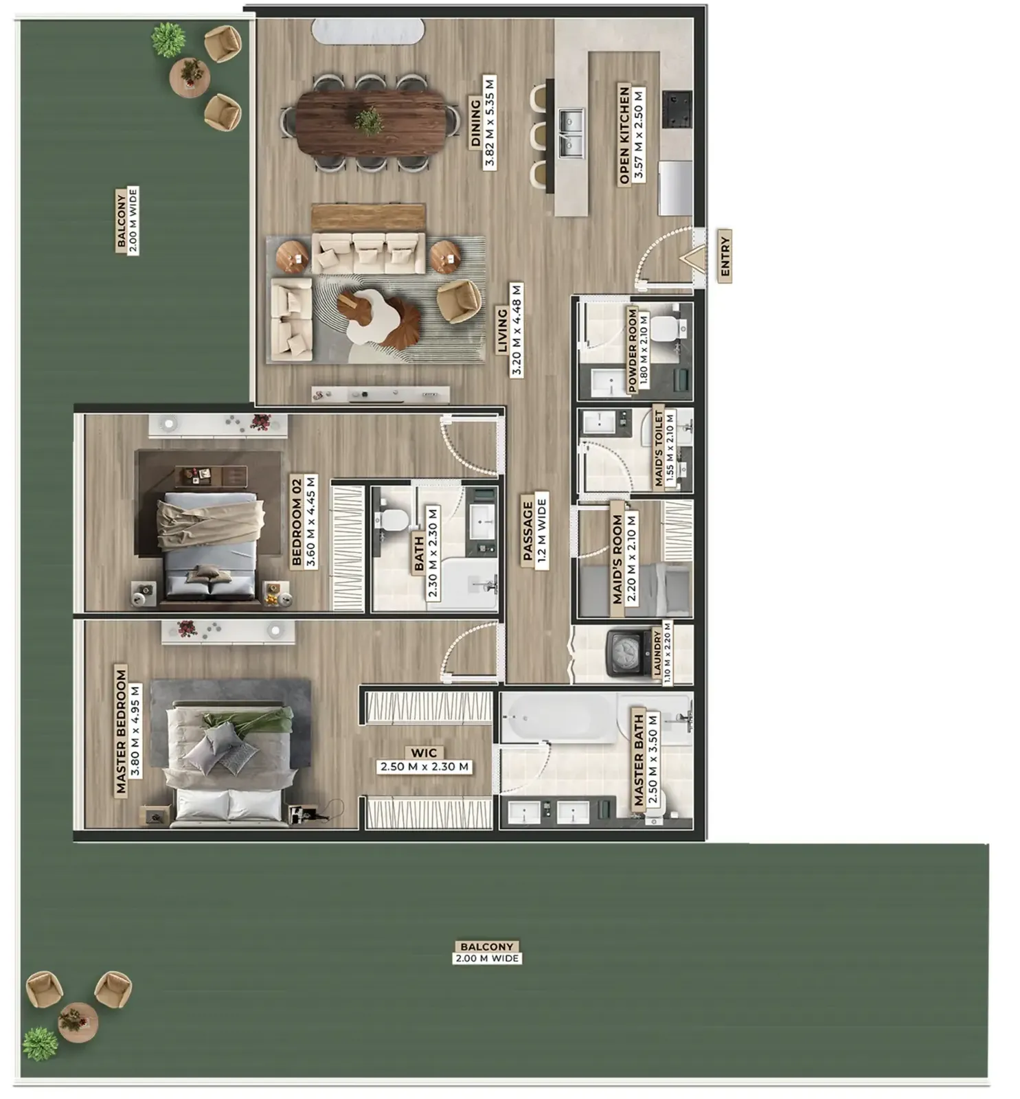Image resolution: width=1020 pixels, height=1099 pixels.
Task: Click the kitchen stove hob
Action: [x=676, y=109]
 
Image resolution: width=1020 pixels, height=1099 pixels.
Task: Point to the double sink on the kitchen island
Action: [x=571, y=133]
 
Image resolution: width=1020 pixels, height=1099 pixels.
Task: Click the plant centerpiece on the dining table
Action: [x=369, y=121]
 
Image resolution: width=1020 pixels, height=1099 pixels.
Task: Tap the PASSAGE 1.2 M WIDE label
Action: [x=534, y=530]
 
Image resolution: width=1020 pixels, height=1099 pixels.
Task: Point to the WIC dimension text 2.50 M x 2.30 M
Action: [x=424, y=767]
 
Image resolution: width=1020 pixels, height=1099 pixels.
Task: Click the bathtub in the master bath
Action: [x=558, y=717]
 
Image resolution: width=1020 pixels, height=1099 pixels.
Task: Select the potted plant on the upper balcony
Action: [x=168, y=40]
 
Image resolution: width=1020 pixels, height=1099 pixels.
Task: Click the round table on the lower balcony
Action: [x=78, y=1022]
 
